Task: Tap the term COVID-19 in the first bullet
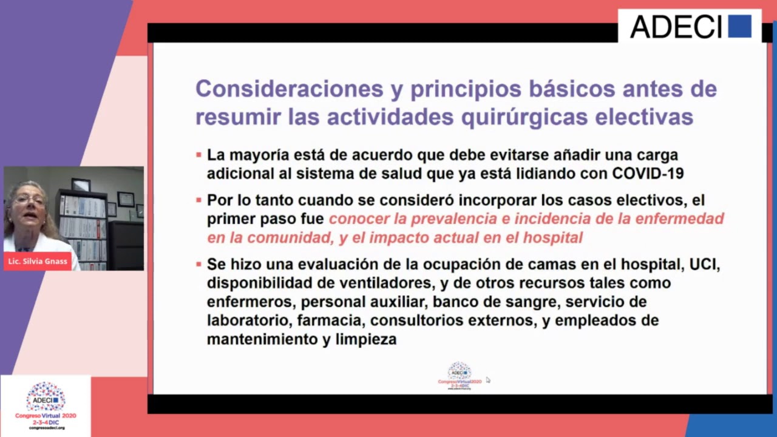click(648, 174)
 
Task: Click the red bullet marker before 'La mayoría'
click(198, 155)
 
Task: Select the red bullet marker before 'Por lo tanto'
click(198, 200)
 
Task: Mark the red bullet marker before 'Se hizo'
click(198, 265)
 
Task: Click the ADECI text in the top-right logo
click(676, 27)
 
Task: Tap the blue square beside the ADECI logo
click(739, 27)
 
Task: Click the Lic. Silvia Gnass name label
click(38, 262)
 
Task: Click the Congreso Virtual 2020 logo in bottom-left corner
click(46, 405)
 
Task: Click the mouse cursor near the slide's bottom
click(487, 380)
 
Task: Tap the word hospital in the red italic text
click(554, 237)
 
